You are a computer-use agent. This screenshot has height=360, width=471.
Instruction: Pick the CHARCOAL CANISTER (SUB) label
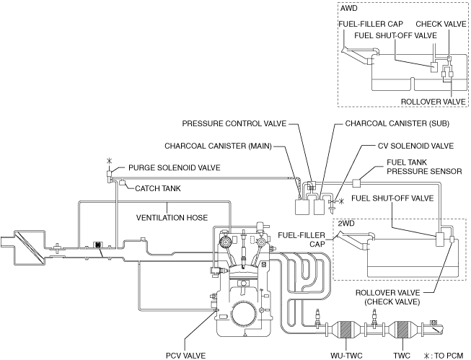click(x=392, y=123)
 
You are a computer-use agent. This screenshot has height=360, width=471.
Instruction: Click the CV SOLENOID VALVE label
click(x=415, y=145)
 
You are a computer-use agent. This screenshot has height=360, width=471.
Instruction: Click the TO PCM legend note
click(x=445, y=354)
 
